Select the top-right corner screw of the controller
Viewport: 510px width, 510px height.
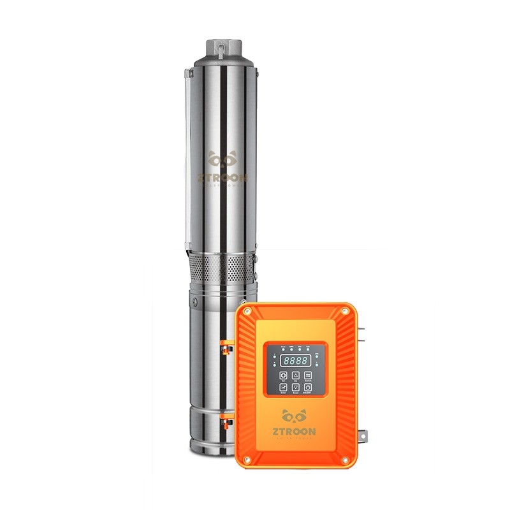[345, 310]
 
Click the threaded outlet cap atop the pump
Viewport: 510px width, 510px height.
[222, 48]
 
